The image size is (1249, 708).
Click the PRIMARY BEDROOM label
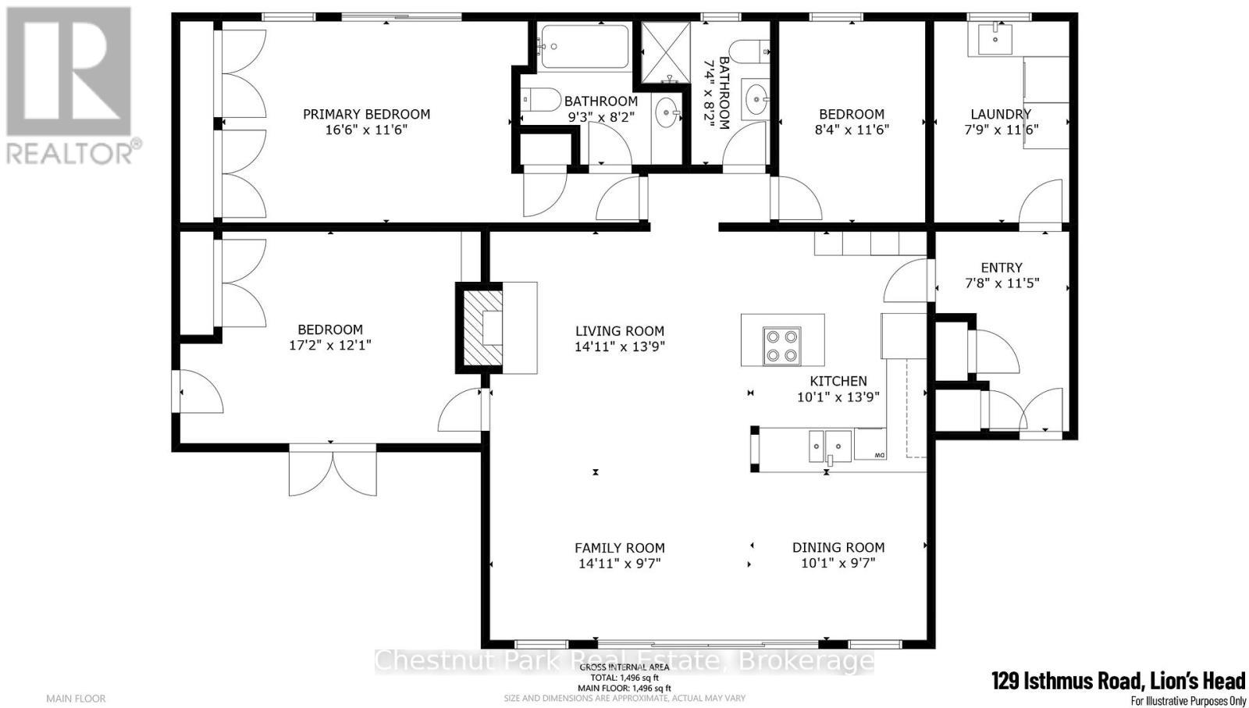click(366, 114)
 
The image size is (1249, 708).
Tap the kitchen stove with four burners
click(782, 346)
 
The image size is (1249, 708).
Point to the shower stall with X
click(666, 52)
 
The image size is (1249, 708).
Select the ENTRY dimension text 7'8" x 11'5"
click(1002, 284)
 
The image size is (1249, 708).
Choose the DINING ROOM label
click(838, 547)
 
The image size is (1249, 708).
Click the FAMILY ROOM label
click(620, 548)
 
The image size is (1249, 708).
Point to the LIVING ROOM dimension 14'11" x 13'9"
click(620, 347)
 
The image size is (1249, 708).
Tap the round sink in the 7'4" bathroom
click(756, 99)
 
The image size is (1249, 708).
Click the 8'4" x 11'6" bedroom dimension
click(852, 130)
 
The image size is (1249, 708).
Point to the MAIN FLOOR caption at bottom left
click(76, 698)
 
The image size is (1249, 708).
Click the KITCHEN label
click(838, 381)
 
